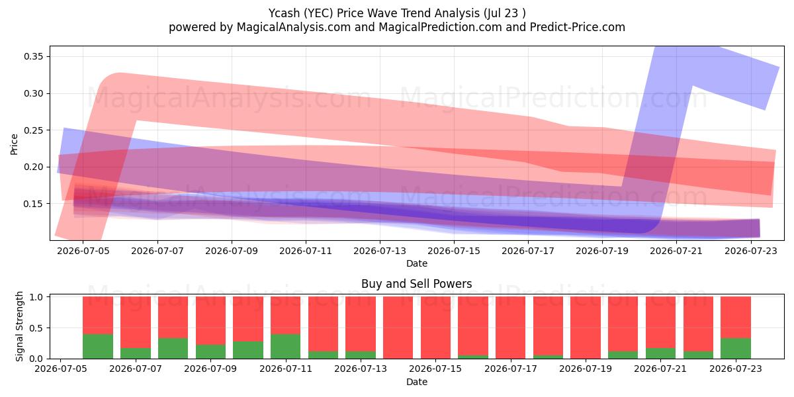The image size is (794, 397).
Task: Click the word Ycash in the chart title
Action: coord(284,13)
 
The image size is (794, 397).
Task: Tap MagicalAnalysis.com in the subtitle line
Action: coord(294,27)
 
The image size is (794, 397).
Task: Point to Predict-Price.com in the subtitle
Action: coord(578,27)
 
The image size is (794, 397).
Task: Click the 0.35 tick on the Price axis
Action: coord(34,57)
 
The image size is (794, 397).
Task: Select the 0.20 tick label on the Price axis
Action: coord(34,167)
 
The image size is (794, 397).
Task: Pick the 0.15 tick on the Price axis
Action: coord(34,204)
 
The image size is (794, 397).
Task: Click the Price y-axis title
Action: coord(14,145)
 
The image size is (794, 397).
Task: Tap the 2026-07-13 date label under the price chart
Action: coord(380,251)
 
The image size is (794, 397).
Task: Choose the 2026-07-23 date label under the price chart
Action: coord(751,251)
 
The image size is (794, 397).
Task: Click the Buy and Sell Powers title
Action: coord(416,284)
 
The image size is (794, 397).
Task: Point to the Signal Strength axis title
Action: coord(19,326)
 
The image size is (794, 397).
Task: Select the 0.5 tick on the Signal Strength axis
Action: coord(36,328)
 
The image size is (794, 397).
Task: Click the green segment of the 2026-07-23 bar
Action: coord(736,349)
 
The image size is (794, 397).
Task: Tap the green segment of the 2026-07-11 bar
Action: coord(285,346)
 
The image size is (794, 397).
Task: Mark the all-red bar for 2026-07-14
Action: coord(398,328)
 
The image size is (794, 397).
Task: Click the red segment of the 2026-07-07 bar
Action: coord(136,322)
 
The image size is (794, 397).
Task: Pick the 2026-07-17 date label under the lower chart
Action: coord(510,369)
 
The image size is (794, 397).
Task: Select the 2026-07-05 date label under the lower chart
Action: coord(60,369)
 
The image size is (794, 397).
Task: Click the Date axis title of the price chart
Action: coord(416,263)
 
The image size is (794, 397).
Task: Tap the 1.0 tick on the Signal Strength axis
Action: coord(36,297)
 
